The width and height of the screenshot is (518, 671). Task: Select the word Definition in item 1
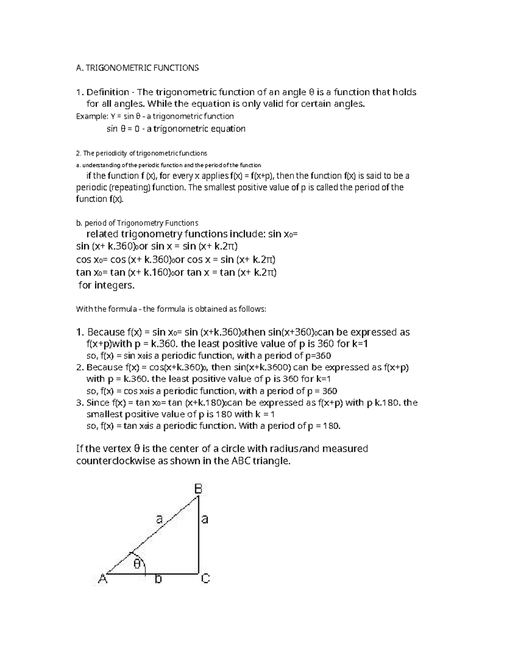pos(107,92)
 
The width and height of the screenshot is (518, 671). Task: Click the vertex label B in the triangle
pos(198,489)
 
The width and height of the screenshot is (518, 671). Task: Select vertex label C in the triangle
pos(205,578)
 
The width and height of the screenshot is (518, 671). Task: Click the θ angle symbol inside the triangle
pos(137,564)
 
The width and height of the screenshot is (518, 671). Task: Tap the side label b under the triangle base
pos(158,579)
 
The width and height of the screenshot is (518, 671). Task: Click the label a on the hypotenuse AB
pos(159,519)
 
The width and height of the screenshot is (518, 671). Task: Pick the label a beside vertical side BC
pos(205,519)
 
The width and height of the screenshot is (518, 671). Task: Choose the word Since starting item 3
pos(98,403)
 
